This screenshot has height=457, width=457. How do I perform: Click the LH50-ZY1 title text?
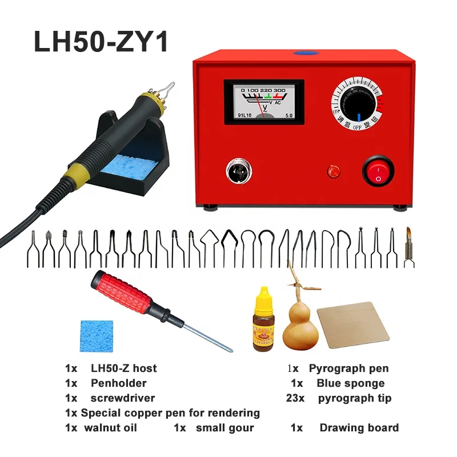[101, 42]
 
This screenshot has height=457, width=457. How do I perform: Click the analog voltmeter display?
[263, 102]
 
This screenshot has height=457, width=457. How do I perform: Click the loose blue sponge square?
[97, 336]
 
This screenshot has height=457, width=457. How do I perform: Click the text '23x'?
[296, 398]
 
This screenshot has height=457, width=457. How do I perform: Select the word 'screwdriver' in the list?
[122, 398]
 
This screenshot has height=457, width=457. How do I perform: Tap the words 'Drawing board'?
[359, 428]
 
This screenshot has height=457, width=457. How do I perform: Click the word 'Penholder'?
[119, 383]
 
